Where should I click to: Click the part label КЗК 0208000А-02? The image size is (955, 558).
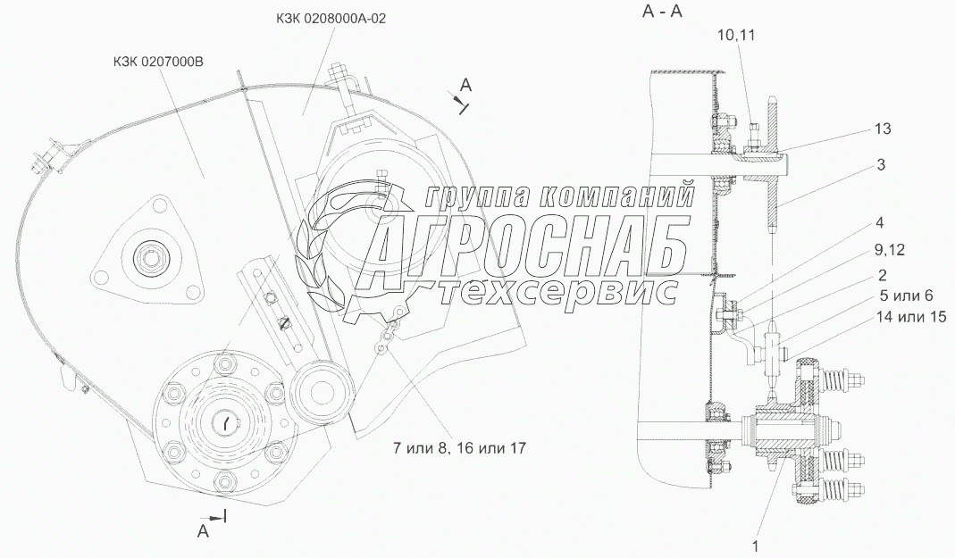click(329, 18)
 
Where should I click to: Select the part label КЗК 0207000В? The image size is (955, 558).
click(158, 62)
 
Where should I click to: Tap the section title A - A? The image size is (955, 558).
click(662, 11)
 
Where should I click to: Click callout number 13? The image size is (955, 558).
click(883, 129)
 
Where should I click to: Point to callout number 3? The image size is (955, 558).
click(882, 164)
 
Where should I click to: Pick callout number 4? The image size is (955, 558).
click(879, 222)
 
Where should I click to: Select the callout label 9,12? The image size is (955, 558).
click(889, 249)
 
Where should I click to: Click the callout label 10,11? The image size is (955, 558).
click(736, 35)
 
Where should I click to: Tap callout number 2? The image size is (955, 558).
click(883, 276)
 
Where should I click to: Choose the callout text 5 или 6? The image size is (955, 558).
click(906, 296)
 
